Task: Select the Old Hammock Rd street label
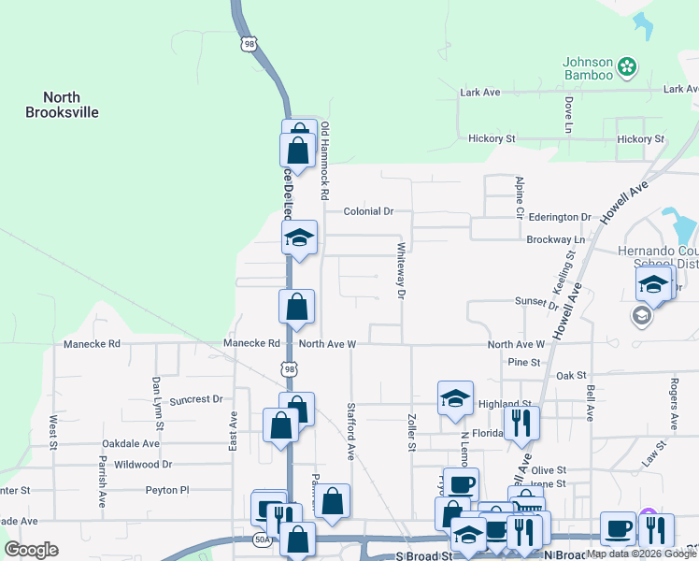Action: click(x=325, y=161)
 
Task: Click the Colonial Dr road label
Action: click(x=368, y=211)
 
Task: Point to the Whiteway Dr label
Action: click(x=401, y=270)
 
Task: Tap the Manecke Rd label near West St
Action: click(x=92, y=344)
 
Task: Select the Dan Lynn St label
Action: click(x=156, y=397)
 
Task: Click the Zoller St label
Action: click(x=410, y=432)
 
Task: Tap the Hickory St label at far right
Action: click(x=640, y=139)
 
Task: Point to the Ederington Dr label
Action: click(x=560, y=217)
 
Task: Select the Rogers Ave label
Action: click(x=673, y=405)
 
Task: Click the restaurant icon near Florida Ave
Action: click(x=521, y=423)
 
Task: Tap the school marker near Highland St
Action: click(x=455, y=398)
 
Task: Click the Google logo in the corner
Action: click(x=31, y=550)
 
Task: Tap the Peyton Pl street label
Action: click(x=166, y=489)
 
